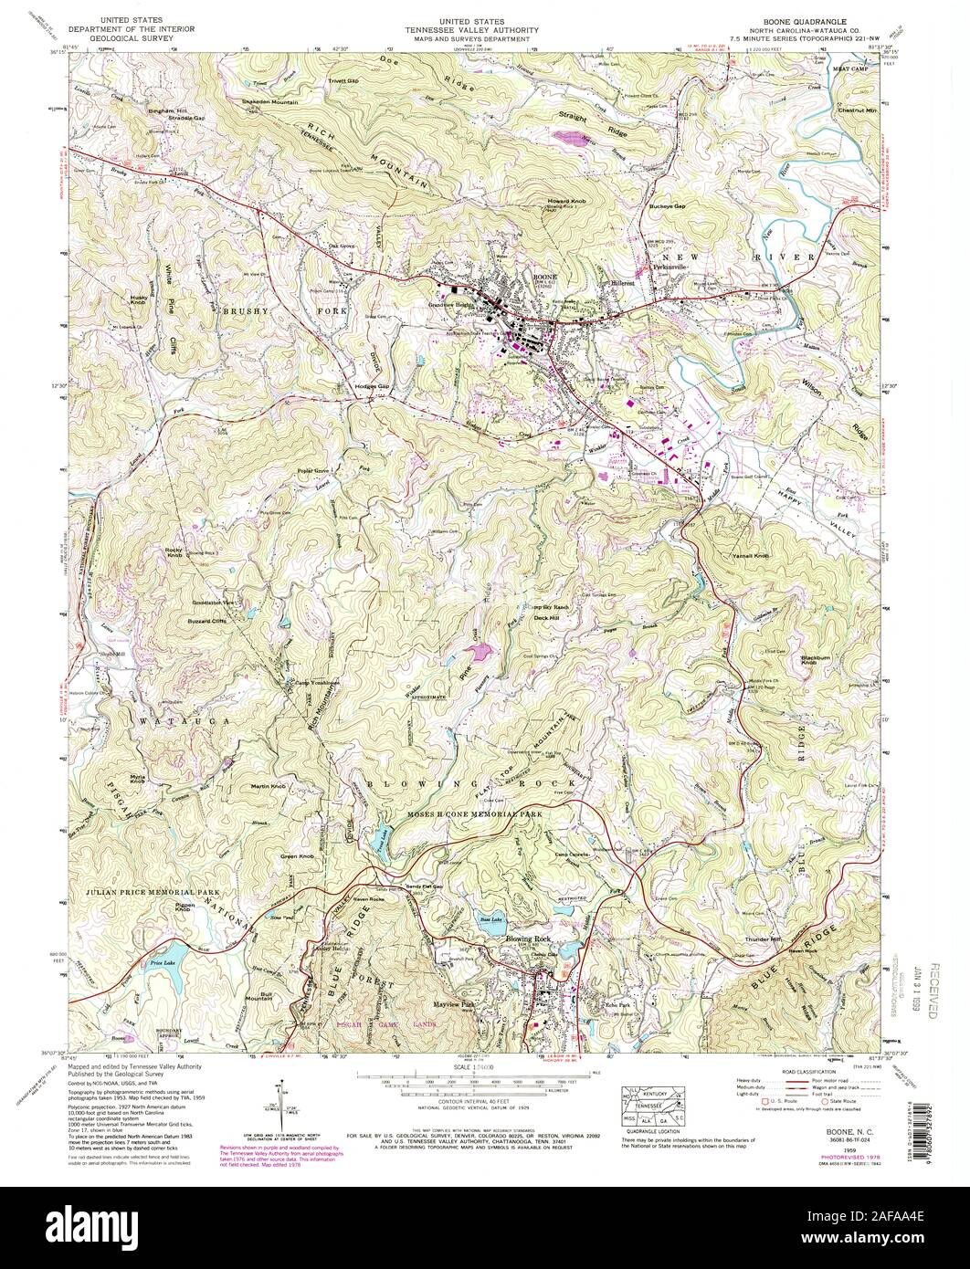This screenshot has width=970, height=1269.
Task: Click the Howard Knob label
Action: (564, 200)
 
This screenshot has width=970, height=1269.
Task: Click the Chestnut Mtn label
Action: (856, 110)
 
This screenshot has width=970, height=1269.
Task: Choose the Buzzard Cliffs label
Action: (206, 620)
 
